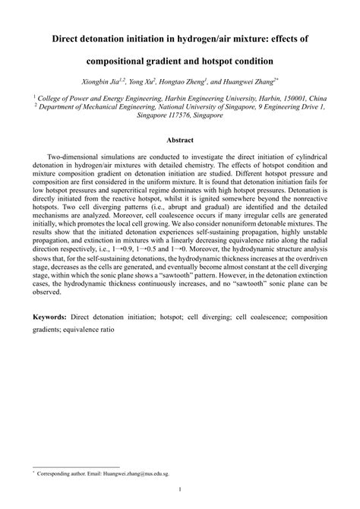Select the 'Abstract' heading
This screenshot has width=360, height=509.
tap(180, 140)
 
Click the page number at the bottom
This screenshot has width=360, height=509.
tap(180, 491)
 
